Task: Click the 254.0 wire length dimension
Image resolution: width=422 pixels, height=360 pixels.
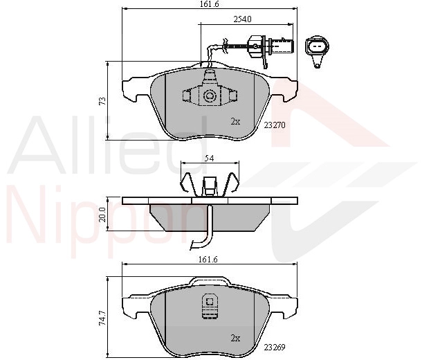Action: tap(242, 19)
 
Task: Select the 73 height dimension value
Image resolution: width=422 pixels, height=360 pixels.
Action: tap(102, 101)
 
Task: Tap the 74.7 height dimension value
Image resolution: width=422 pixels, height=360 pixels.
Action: tap(102, 318)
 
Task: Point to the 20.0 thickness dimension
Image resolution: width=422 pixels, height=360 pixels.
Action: tap(102, 215)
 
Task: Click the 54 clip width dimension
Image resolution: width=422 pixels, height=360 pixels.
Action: tap(209, 159)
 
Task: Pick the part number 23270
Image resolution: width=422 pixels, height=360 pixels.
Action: tap(274, 125)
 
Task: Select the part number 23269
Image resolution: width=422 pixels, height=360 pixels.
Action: tap(274, 347)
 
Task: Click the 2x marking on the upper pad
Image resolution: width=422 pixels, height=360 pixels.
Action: tap(235, 122)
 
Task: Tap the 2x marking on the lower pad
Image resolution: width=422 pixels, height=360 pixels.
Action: tap(235, 338)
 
